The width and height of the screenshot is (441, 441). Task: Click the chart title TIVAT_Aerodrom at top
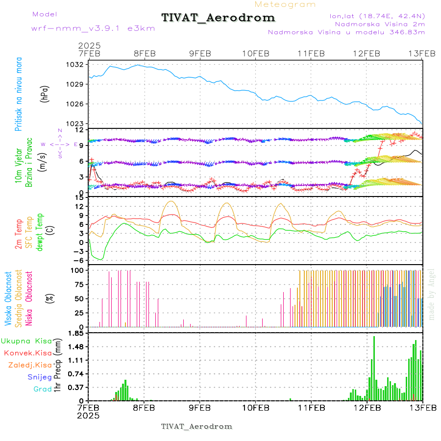[218, 18]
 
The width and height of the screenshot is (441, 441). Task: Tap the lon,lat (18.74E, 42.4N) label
[377, 16]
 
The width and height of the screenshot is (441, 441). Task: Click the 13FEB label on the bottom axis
[422, 407]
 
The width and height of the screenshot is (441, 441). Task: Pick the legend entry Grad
[43, 389]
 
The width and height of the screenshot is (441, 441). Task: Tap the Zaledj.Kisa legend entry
[30, 365]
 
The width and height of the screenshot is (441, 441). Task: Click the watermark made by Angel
[432, 294]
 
